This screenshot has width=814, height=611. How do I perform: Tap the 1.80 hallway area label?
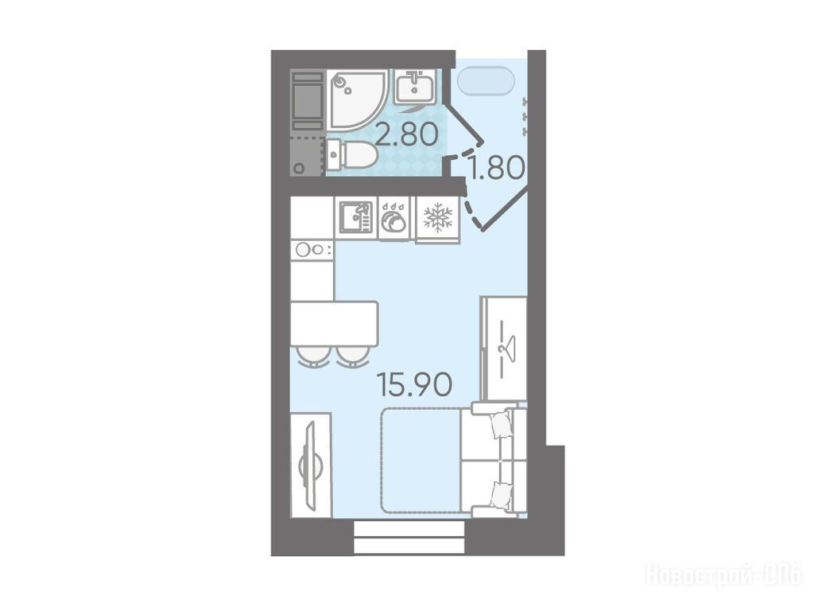coord(496,167)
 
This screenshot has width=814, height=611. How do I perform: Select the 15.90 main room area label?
coord(415,384)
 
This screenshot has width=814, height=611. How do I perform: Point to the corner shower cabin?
coord(357,99)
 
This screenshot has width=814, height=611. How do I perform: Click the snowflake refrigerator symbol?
coord(438,216)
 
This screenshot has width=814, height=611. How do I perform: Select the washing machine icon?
coord(394,218)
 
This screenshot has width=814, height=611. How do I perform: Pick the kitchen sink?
coord(356,217)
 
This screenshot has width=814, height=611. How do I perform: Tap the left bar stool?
coord(313,356)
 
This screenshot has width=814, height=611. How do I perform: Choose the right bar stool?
coord(352,356)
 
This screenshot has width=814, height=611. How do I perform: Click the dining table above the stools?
coord(334,324)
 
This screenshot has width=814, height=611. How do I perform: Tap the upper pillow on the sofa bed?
coord(501,425)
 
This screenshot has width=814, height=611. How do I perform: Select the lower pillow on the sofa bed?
coord(501,495)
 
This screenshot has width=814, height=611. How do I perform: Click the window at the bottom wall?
coord(409,537)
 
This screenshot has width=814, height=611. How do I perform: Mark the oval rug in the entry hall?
coord(486,82)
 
